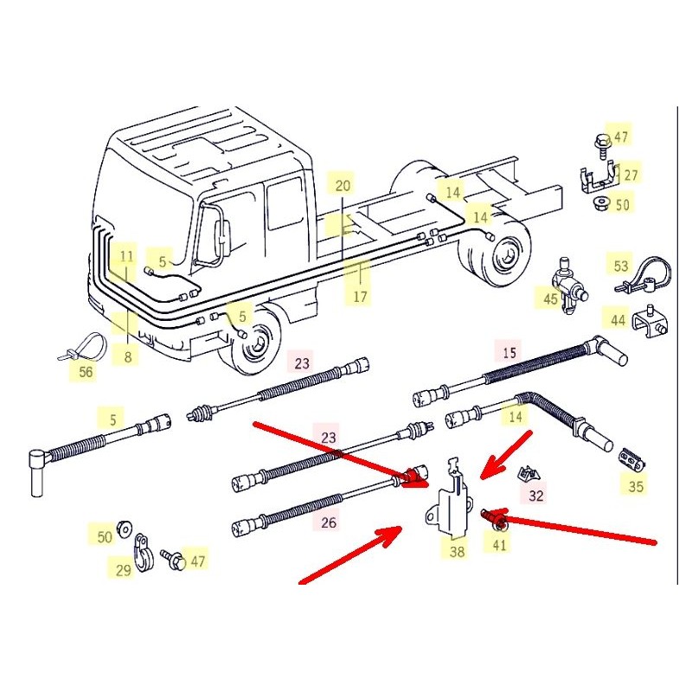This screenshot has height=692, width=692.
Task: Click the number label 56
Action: [x=85, y=372]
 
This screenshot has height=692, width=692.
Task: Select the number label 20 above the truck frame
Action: [x=343, y=185]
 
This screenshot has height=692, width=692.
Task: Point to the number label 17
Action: [x=360, y=297]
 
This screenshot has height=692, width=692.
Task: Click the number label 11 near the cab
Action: [x=127, y=256]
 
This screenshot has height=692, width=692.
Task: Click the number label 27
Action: [x=631, y=175]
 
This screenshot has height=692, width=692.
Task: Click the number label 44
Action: [x=618, y=320]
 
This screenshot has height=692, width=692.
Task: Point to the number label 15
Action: [x=509, y=352]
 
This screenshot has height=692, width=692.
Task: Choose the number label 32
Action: [x=536, y=495]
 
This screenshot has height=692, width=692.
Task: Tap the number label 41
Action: [x=500, y=544]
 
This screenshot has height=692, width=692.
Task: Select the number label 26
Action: [x=327, y=522]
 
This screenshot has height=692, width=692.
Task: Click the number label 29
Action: [x=122, y=569]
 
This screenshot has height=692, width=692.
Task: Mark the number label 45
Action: [x=551, y=299]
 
